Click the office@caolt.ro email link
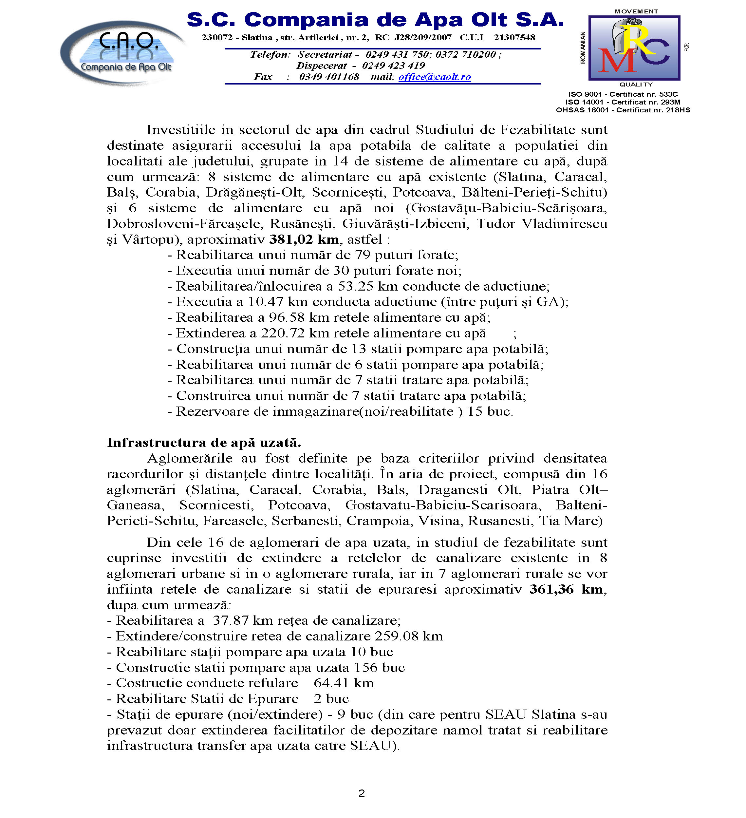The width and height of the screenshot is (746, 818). pos(435,77)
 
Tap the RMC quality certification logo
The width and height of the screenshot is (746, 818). pos(634,48)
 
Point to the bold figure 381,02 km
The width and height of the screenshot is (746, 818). pos(304,239)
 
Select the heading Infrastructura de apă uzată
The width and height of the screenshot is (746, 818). pos(204,442)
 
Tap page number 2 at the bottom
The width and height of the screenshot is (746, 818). pos(362,793)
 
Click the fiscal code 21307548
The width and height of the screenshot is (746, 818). pos(514,38)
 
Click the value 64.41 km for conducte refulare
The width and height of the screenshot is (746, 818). pos(344,683)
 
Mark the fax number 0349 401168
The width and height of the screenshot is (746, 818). pos(329,77)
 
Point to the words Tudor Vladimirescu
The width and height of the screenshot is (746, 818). pos(542,223)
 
